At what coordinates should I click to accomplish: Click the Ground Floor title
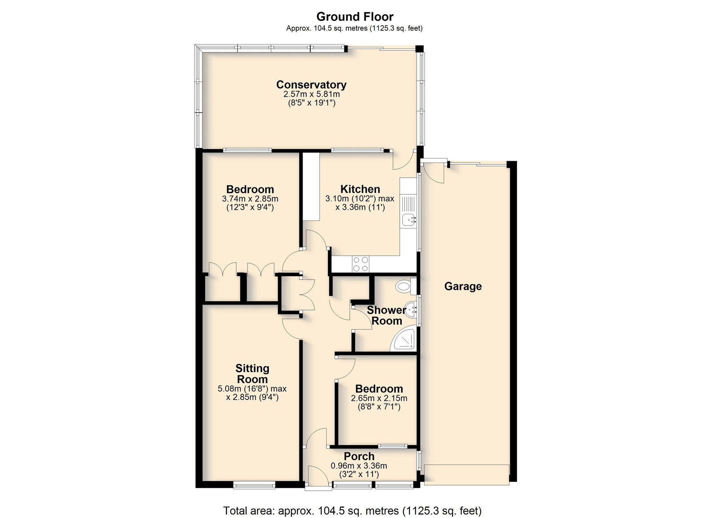click(355, 16)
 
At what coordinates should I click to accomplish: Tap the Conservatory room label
click(311, 85)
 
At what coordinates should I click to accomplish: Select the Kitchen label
click(360, 189)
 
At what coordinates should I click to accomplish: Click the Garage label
click(463, 286)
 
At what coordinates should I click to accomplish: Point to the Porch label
click(359, 456)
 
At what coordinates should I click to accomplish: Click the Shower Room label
click(387, 315)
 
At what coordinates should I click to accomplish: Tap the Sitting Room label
click(252, 374)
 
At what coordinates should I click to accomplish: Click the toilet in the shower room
click(406, 286)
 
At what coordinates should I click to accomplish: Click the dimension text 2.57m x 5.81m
click(311, 94)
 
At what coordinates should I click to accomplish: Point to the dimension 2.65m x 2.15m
click(379, 398)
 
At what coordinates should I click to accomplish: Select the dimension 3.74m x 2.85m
click(250, 199)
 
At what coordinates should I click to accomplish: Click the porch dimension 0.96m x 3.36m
click(359, 466)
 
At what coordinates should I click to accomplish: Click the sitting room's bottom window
click(254, 485)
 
